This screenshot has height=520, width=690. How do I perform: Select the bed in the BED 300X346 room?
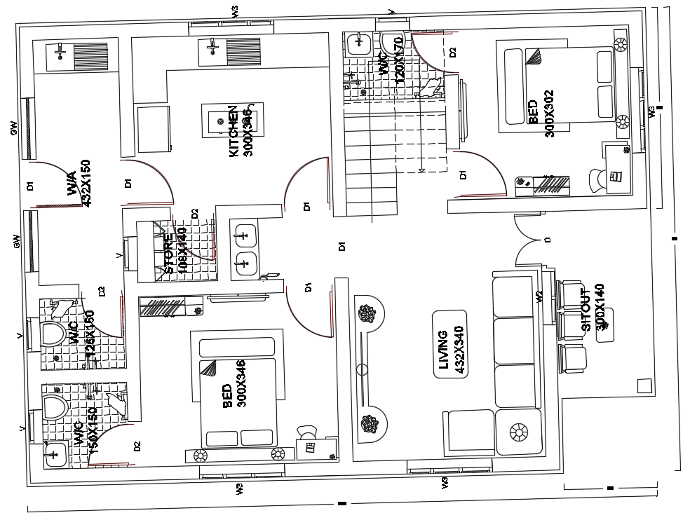[x=239, y=392]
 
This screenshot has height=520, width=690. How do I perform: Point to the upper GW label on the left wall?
[x=13, y=128]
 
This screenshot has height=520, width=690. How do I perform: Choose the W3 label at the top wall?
[x=236, y=11]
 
